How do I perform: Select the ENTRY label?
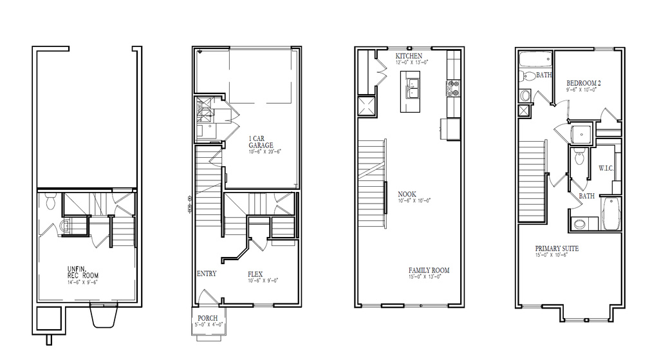[207, 274]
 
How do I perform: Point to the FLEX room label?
[255, 274]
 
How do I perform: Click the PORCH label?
[207, 318]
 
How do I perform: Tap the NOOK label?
[407, 194]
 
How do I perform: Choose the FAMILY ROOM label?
[429, 270]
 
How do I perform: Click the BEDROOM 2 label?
[584, 83]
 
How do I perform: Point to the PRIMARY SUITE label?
[557, 249]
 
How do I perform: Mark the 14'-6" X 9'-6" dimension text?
[82, 281]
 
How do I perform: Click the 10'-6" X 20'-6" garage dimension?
[265, 151]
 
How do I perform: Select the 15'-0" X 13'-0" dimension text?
[429, 277]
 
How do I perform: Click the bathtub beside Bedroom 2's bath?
[535, 62]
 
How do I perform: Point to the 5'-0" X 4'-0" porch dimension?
[208, 325]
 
